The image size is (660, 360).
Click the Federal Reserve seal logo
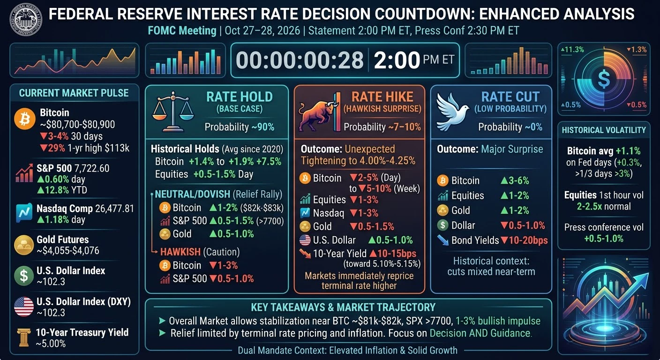(x=26, y=19)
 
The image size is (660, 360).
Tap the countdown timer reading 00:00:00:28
(x=300, y=60)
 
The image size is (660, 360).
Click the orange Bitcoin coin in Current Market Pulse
(x=25, y=119)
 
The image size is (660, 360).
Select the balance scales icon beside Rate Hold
(x=173, y=112)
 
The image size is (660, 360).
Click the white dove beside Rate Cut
(x=452, y=112)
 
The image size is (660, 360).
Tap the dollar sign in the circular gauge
(x=604, y=79)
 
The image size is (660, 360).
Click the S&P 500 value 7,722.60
(x=92, y=168)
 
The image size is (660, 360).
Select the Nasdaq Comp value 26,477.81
(x=115, y=209)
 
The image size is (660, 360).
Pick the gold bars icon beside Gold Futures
(x=23, y=245)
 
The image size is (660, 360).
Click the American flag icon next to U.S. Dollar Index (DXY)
(x=23, y=307)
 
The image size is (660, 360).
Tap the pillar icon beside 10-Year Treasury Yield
(x=24, y=337)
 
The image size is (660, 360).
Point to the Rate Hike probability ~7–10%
(x=405, y=127)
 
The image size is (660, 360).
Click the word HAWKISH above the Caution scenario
(x=180, y=252)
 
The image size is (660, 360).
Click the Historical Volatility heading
(x=604, y=130)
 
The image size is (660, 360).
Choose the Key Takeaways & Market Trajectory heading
(x=343, y=307)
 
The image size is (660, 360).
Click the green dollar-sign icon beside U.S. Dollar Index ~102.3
(x=23, y=276)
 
